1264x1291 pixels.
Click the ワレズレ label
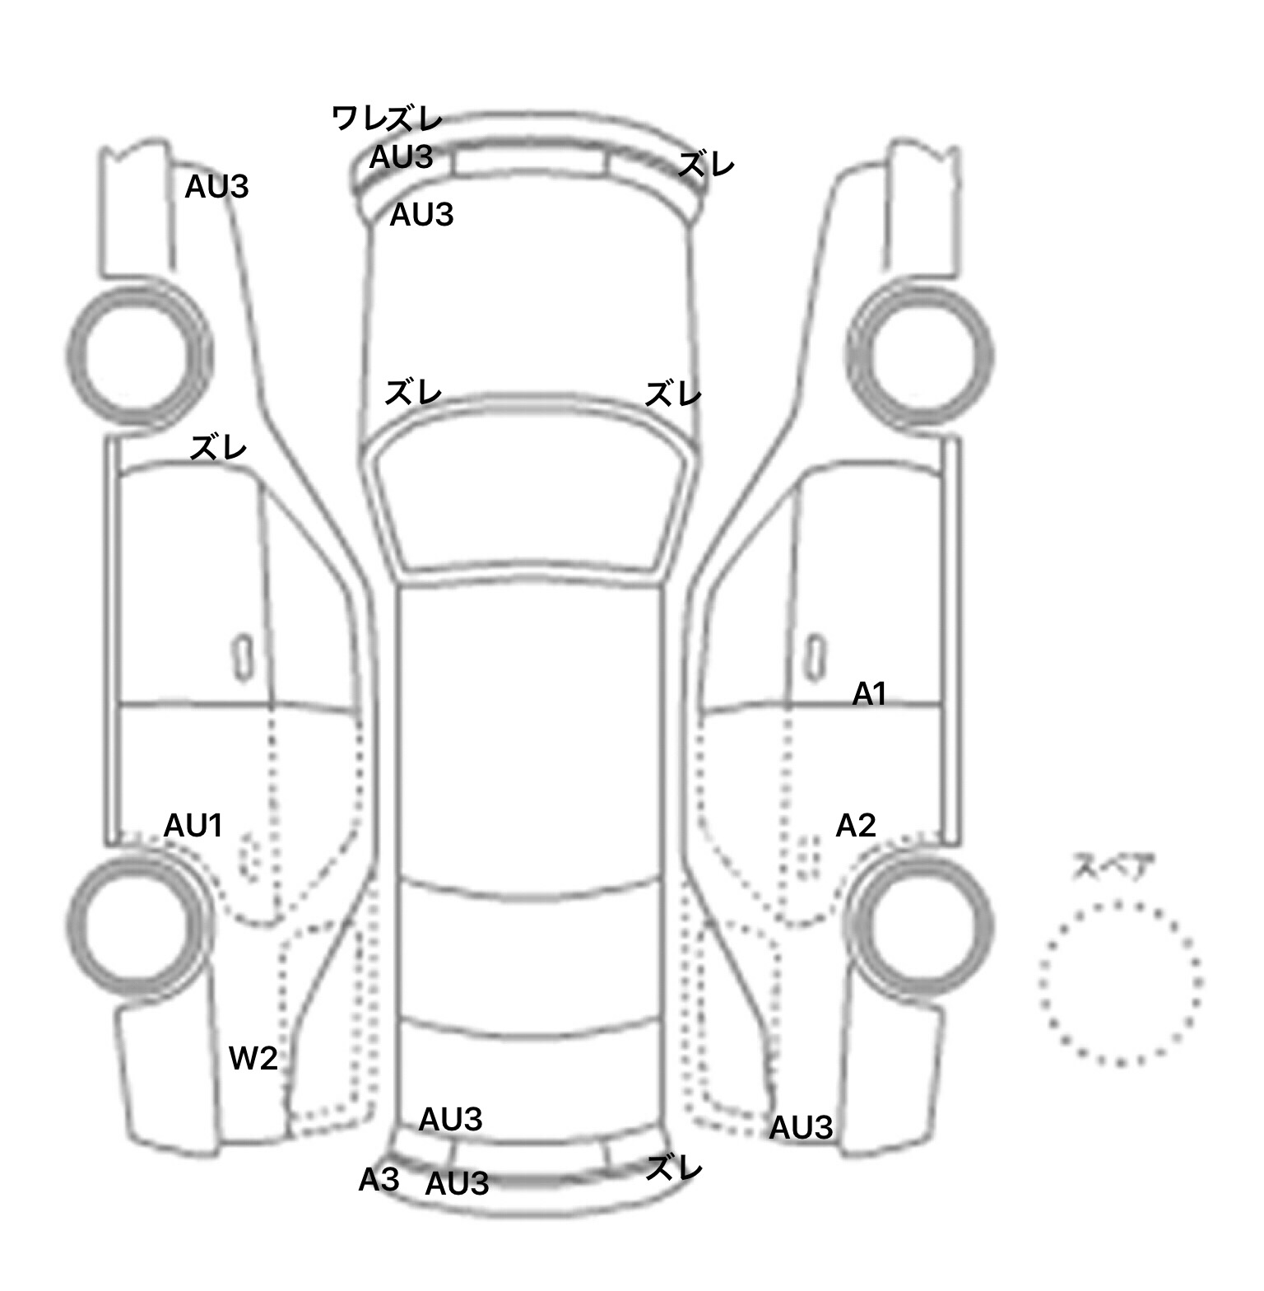point(388,119)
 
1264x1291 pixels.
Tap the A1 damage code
point(869,694)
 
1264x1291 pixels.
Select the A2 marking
point(856,825)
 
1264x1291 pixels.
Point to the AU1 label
point(193,825)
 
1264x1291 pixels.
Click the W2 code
point(253,1058)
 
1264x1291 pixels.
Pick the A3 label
point(379,1180)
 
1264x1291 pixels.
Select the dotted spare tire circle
point(1041,984)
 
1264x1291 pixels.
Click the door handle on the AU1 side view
point(244,657)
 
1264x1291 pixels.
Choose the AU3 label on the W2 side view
point(216,187)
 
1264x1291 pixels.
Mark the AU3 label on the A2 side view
point(801,1128)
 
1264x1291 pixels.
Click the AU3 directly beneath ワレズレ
point(401,157)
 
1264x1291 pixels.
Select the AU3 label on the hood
point(421,215)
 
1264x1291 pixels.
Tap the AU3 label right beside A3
point(457,1183)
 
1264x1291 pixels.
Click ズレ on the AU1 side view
point(218,449)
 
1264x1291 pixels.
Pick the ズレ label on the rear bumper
point(674,1167)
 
